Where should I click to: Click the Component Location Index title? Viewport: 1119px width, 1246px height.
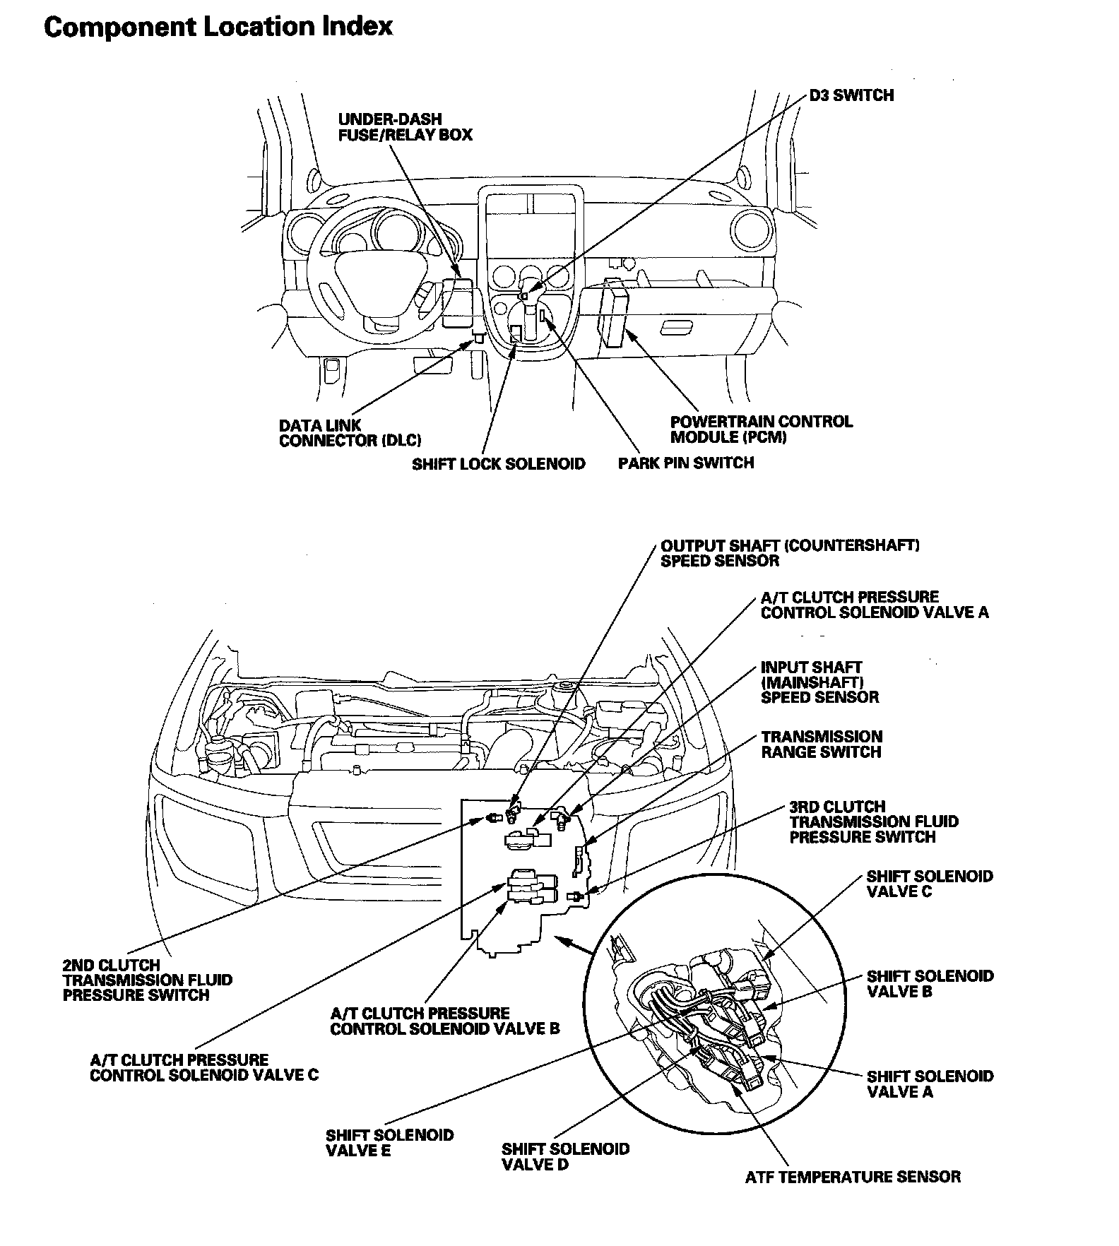pos(218,27)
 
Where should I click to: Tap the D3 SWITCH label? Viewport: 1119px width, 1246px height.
pos(851,95)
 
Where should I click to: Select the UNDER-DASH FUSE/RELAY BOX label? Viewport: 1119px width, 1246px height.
pos(405,127)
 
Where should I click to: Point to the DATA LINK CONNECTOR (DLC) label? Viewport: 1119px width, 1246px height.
pos(350,433)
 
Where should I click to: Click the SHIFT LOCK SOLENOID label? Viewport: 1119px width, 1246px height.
pos(499,464)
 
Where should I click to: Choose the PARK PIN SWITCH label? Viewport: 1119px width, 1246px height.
pos(685,463)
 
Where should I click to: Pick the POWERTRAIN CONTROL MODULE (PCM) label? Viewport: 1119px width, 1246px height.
pos(761,429)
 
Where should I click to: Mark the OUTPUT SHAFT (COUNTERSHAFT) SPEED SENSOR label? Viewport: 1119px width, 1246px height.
pos(789,554)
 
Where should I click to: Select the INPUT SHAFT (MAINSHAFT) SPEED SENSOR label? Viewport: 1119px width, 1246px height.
pos(819,682)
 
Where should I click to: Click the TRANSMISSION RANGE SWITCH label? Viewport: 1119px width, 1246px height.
pos(822,744)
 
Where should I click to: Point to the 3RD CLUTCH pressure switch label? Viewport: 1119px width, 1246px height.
pos(873,821)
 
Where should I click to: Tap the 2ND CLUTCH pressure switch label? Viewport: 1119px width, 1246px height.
pos(147,980)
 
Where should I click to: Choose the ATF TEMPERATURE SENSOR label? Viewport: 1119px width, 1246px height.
pos(853,1177)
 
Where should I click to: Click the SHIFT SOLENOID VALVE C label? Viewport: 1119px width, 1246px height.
pos(930,884)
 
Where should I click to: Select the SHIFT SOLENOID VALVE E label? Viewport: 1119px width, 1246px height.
pos(389,1143)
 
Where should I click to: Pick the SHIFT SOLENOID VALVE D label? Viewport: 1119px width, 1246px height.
pos(565,1156)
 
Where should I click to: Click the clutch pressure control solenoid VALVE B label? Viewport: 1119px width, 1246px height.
pos(444,1021)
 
